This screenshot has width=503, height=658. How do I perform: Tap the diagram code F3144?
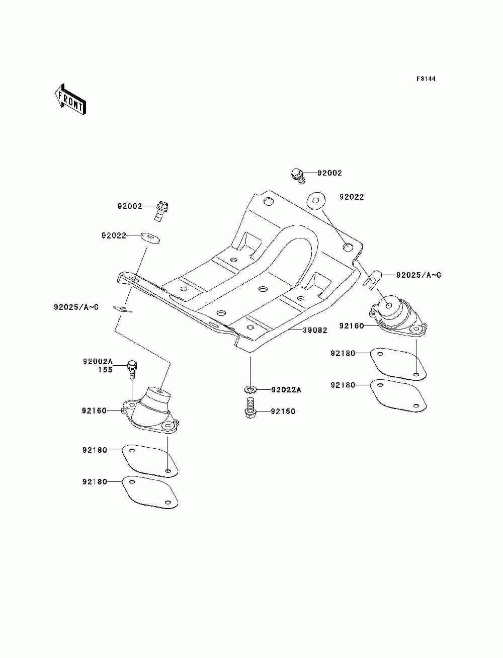(426, 79)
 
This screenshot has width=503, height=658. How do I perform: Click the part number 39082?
(315, 331)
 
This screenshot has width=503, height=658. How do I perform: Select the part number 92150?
(283, 412)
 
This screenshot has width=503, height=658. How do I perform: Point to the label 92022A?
(286, 390)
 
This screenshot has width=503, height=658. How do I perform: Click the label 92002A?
(98, 361)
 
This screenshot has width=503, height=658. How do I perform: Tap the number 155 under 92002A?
(105, 369)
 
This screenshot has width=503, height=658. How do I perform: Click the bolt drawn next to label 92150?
(250, 406)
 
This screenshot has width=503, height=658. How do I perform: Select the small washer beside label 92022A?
(250, 389)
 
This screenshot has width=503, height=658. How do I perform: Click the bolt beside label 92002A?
(132, 369)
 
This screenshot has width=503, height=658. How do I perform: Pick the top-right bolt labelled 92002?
(297, 176)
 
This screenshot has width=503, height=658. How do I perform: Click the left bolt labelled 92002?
(161, 210)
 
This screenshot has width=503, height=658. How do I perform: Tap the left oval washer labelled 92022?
(150, 236)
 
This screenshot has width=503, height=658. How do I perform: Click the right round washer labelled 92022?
(316, 201)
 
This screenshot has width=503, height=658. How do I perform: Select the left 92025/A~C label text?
(76, 307)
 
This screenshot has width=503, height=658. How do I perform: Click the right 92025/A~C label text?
(418, 275)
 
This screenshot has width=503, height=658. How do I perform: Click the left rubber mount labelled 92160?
(152, 410)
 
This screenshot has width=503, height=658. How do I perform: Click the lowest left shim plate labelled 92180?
(150, 491)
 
